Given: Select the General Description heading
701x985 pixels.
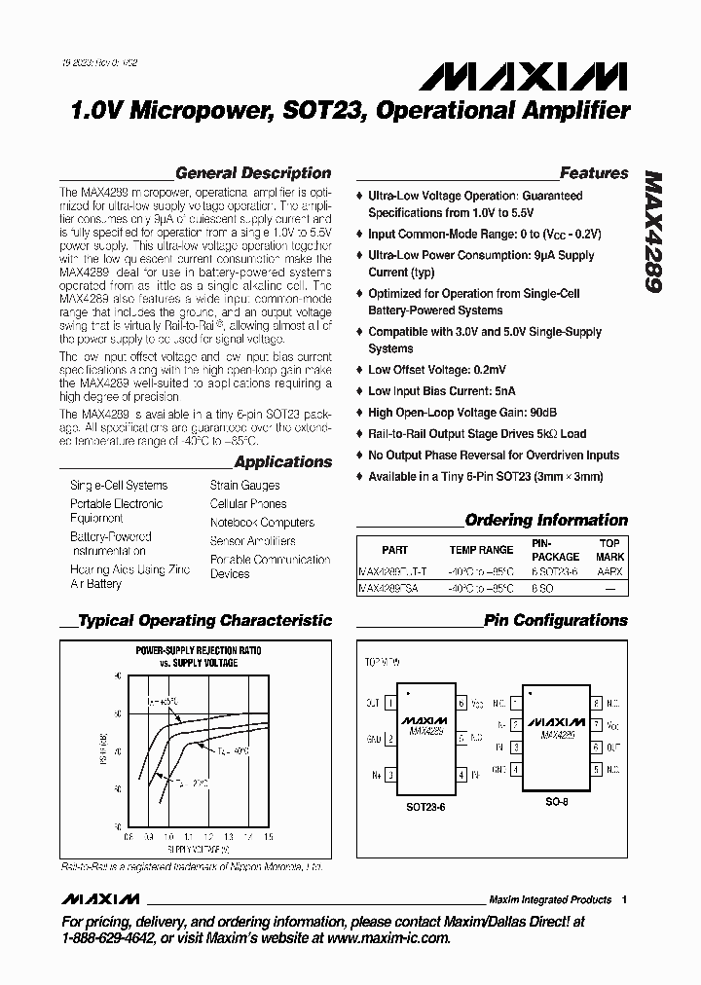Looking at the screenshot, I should (253, 173).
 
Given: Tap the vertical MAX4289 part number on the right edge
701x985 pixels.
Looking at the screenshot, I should (655, 235).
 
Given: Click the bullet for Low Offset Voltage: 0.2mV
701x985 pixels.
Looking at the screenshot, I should (359, 371).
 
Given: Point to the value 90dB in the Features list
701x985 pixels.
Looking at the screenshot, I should (527, 413).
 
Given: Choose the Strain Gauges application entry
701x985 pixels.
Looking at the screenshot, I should (244, 485).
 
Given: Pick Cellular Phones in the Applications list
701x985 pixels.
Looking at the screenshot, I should (248, 504).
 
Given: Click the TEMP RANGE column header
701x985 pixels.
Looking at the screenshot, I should (481, 550).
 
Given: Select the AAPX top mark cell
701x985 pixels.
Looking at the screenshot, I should (609, 572).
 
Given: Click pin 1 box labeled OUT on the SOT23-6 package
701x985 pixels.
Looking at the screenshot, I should (391, 702).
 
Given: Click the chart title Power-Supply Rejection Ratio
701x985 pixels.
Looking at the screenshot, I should (198, 650).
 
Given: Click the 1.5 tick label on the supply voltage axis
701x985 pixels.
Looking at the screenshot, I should (269, 836).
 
